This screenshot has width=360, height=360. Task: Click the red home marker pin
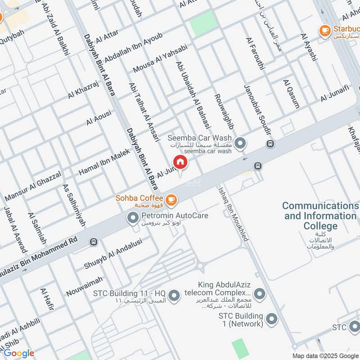tap(180, 162)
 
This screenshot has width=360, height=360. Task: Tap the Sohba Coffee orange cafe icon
tap(171, 199)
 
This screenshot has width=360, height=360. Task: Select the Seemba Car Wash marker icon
tap(241, 144)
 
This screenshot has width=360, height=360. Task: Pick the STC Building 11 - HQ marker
tap(176, 294)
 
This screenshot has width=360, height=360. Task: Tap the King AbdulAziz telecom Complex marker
tap(259, 294)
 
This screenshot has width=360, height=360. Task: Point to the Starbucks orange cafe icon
tap(324, 30)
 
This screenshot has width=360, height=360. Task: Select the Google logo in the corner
tap(19, 353)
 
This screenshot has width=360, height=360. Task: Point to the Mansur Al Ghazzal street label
tap(33, 186)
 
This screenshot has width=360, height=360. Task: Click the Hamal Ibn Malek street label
tap(104, 162)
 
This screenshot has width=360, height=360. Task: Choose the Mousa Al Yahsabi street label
tap(160, 58)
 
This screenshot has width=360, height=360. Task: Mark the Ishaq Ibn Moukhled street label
tap(234, 214)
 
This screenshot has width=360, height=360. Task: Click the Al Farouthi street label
tap(255, 53)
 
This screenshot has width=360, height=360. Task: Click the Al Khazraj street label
tap(83, 89)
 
